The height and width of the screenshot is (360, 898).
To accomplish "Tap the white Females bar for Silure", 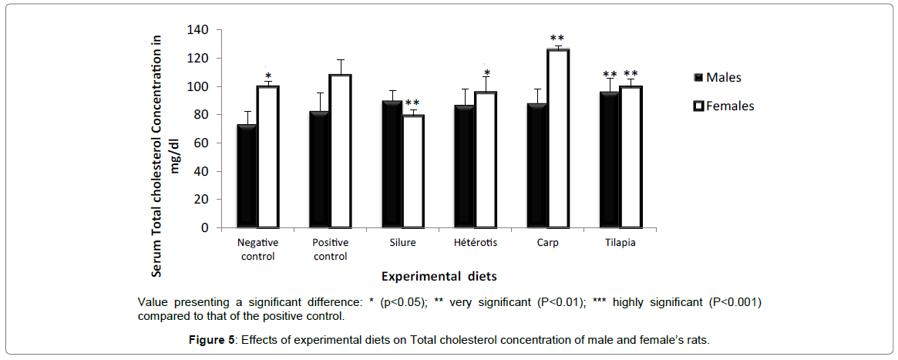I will [x=412, y=171].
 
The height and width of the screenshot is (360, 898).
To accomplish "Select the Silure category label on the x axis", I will [x=402, y=242].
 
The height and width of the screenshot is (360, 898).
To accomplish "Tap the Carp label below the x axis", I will [x=549, y=242].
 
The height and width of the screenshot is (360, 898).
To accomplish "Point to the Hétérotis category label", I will [x=475, y=242].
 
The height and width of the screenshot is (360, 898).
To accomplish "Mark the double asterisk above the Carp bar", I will [x=557, y=39].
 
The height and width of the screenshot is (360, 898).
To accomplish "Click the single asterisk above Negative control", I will [x=267, y=76].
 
